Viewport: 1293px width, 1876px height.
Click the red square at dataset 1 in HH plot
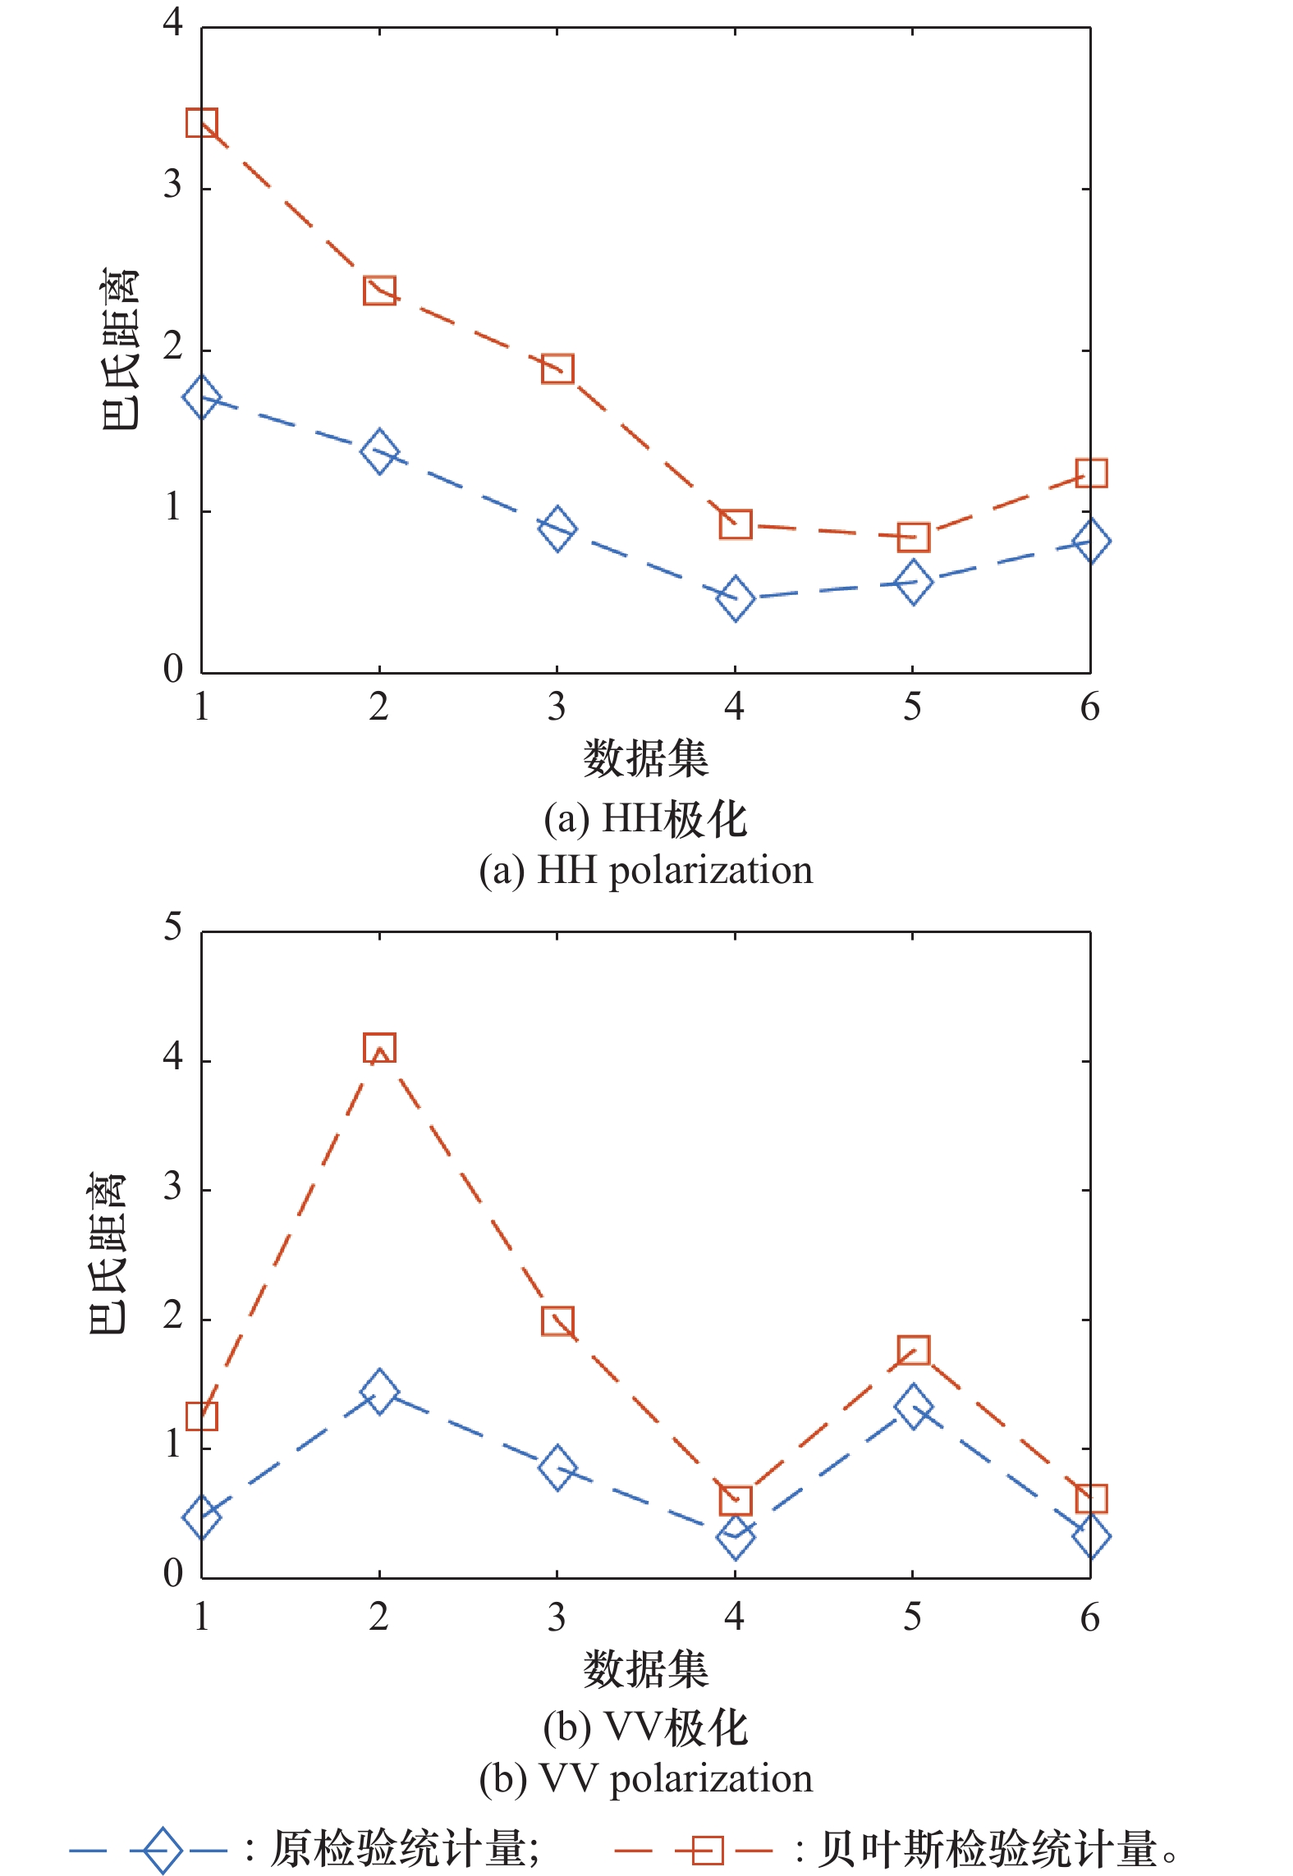(202, 123)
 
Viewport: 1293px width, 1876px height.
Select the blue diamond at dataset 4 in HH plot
(735, 597)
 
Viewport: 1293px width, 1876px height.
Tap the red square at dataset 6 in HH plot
(1090, 473)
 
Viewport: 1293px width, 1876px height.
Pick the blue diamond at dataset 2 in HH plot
(379, 451)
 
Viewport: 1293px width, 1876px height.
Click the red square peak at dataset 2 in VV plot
(379, 1048)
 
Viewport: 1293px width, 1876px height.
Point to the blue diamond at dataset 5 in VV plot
(913, 1407)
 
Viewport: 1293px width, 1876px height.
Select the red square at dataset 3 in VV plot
(557, 1322)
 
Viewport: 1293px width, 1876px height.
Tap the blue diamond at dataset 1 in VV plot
(202, 1516)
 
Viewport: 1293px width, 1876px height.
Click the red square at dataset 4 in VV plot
(735, 1499)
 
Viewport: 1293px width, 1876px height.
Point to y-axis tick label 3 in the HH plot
(172, 185)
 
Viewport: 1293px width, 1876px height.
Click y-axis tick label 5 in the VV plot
(172, 928)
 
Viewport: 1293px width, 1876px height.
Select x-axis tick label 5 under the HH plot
(912, 707)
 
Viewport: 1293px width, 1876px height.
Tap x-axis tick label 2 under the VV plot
(378, 1617)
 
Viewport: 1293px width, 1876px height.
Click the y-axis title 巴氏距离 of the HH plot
(120, 349)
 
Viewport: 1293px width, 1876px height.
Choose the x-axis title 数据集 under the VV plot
(645, 1668)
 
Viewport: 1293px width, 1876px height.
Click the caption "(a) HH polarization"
(645, 870)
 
